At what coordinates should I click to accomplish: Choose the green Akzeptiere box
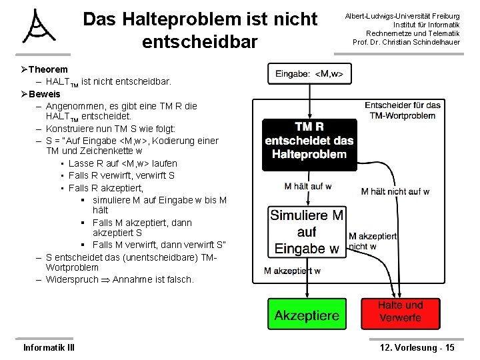point(307,315)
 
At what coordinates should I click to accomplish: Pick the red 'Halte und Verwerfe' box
point(399,312)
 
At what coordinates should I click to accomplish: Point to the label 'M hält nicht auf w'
point(395,191)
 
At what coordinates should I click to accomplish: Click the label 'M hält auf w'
point(307,186)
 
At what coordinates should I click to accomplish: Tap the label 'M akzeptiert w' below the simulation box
point(292,271)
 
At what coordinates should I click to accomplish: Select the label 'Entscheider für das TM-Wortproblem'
point(403,110)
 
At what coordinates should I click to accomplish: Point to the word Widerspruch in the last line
point(71,279)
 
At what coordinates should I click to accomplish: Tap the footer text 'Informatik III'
point(49,347)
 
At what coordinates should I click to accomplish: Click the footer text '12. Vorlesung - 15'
point(417,347)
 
